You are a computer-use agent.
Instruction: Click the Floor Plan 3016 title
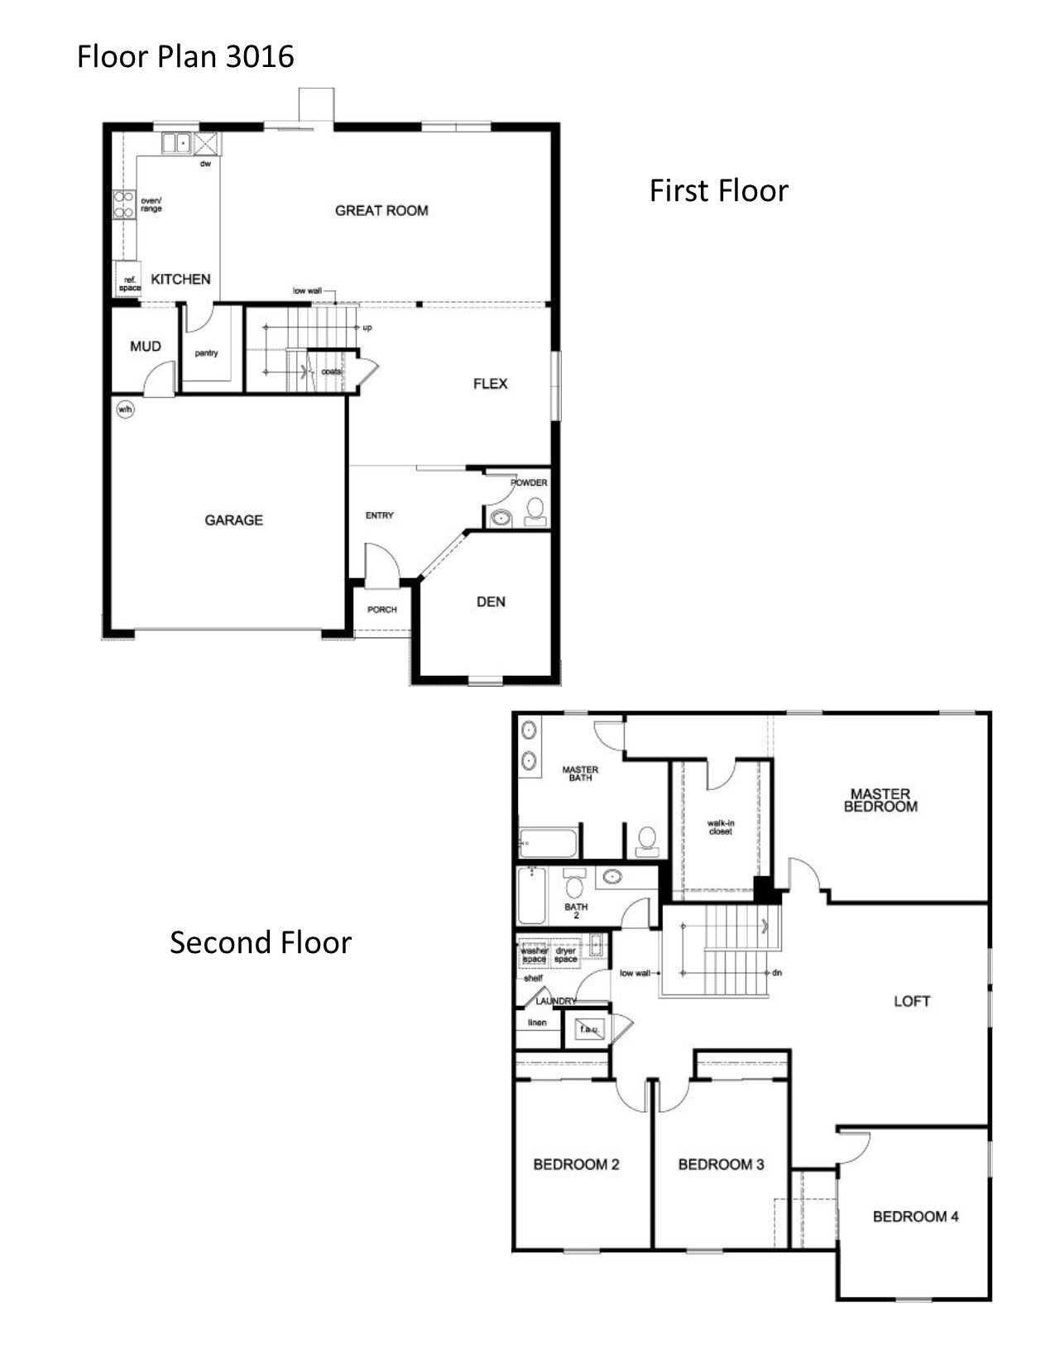[185, 56]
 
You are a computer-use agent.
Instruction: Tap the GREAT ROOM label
[381, 210]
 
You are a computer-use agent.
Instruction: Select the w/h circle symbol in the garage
[125, 409]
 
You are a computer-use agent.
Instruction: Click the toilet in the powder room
[535, 511]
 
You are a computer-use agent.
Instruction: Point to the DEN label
[491, 601]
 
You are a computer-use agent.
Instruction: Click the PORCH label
[382, 610]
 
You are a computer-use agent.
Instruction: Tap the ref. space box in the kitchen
[128, 282]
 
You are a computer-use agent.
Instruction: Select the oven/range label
[151, 204]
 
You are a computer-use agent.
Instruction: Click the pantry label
[206, 353]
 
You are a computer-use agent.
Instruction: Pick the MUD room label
[146, 346]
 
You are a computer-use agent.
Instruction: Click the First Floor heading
[718, 190]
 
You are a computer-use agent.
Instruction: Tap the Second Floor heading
[261, 942]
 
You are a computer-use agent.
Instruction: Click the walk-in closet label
[720, 826]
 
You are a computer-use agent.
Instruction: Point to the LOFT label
[912, 1001]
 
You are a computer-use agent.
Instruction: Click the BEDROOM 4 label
[915, 1216]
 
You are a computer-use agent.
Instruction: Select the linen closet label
[537, 1023]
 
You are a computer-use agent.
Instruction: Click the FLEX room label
[490, 383]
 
